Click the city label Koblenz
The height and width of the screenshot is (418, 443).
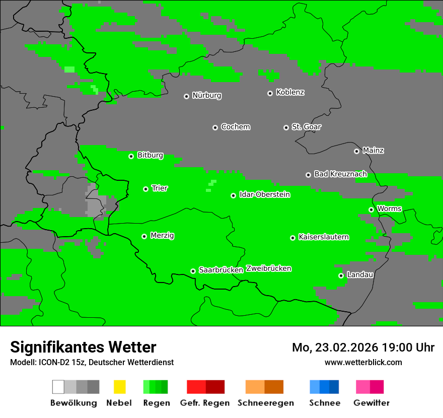point(290,93)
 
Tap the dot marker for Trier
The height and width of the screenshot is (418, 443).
point(145,189)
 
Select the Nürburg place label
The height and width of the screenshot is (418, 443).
point(206,96)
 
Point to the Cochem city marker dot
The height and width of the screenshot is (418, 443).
point(215,127)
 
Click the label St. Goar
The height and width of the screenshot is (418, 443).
point(306,127)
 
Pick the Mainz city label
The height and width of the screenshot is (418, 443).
point(373,151)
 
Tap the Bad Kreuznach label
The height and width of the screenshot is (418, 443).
point(340,174)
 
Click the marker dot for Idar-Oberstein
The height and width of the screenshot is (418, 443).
point(233,195)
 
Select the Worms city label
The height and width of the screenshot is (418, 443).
point(389,209)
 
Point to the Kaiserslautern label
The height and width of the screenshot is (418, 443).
point(323,237)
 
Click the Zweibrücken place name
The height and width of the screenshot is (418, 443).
point(268,268)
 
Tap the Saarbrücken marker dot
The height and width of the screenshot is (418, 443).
point(193,271)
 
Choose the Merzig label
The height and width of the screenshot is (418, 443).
point(162,236)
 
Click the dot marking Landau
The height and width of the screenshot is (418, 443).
point(341,275)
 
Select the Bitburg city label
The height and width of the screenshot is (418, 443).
point(150,156)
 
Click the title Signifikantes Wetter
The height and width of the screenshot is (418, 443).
point(83,347)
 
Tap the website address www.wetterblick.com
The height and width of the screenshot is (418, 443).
point(363,363)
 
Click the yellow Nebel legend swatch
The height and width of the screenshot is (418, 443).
point(119,387)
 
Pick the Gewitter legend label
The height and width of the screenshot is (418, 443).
point(371,403)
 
